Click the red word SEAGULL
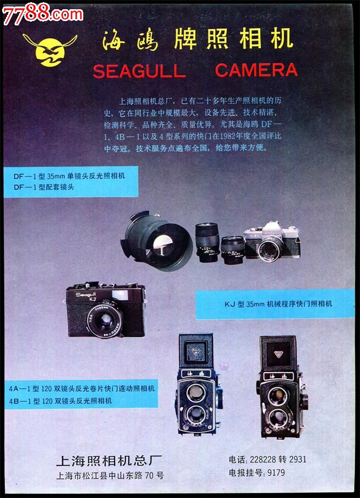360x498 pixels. click(139, 71)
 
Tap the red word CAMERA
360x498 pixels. click(256, 70)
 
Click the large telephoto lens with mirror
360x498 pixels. click(158, 238)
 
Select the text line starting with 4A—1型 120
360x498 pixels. click(82, 389)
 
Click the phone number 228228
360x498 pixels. click(262, 460)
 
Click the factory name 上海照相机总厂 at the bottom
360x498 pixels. click(109, 461)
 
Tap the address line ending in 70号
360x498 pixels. click(110, 476)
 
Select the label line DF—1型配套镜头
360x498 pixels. click(44, 187)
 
